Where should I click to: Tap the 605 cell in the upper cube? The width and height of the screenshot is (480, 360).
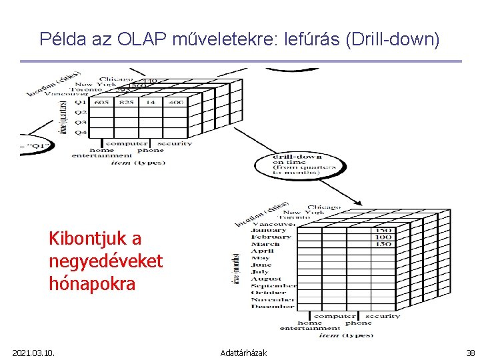tap(101, 103)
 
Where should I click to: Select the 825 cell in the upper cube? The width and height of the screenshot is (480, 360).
tap(127, 103)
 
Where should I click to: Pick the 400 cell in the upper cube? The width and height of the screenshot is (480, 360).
tap(176, 103)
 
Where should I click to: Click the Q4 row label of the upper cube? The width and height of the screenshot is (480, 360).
tap(80, 132)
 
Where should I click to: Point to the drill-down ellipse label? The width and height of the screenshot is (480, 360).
tap(297, 164)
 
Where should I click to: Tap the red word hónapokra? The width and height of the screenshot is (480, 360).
tap(92, 283)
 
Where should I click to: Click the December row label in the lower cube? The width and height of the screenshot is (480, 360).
tap(271, 307)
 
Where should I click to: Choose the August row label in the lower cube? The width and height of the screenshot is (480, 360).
tap(267, 279)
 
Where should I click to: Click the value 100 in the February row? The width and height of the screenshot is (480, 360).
tap(383, 237)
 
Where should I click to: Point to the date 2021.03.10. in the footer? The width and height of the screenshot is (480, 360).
tap(33, 352)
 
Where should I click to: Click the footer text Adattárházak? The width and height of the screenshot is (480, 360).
tap(243, 352)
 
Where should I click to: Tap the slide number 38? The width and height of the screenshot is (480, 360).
tap(471, 352)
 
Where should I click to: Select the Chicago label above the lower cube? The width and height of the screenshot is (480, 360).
tap(325, 207)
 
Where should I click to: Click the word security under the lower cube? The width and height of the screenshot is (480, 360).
tap(383, 316)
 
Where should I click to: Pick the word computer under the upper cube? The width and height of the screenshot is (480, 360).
tap(127, 143)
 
